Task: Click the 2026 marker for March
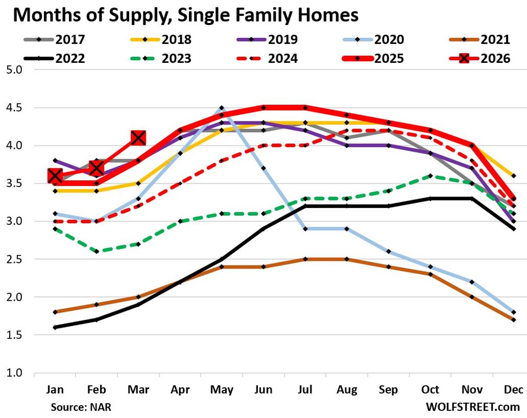click(x=138, y=138)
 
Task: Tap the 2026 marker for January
click(x=54, y=176)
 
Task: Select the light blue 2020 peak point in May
click(x=221, y=108)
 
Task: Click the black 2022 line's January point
click(x=54, y=327)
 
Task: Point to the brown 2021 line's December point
click(x=514, y=320)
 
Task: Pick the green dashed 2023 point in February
click(x=96, y=251)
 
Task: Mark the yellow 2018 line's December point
click(x=514, y=176)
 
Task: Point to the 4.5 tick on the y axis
click(x=17, y=108)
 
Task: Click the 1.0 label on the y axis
click(x=17, y=373)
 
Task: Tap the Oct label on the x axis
click(x=431, y=389)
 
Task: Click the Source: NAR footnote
click(x=81, y=407)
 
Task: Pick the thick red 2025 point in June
click(x=263, y=108)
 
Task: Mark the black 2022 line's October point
click(x=431, y=199)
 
